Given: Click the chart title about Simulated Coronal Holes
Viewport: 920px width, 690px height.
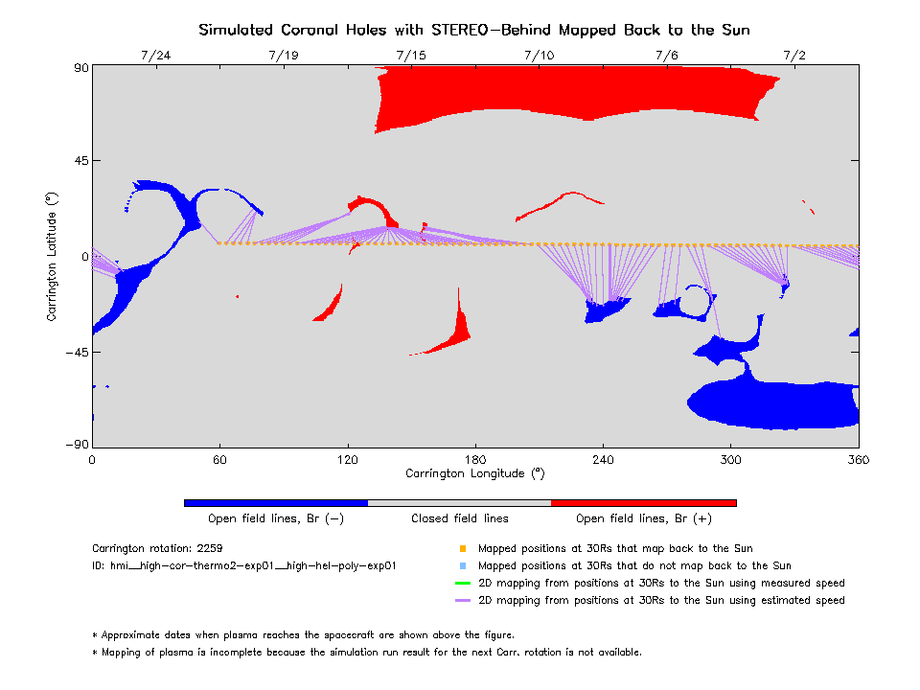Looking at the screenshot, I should click(474, 30).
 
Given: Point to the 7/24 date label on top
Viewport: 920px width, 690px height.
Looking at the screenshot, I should click(155, 56).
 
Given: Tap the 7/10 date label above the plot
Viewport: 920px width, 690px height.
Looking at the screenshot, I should click(539, 56).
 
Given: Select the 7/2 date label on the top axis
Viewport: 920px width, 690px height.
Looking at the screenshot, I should click(794, 56).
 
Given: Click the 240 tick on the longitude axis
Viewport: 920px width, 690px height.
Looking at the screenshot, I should click(603, 459).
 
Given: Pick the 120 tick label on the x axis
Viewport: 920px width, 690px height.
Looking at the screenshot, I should click(347, 459).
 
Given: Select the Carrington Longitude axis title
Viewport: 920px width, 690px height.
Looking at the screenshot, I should click(474, 473).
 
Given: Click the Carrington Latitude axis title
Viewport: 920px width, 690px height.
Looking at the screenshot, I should click(54, 256).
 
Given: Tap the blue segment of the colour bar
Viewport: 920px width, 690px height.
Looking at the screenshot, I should click(275, 502).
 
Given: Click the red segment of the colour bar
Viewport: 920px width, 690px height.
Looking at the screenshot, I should click(643, 502).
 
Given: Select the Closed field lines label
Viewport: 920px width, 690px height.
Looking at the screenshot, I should click(460, 518).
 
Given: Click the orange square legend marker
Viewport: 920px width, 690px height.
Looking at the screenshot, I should click(462, 549).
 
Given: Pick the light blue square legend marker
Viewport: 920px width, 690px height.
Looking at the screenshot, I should click(462, 566).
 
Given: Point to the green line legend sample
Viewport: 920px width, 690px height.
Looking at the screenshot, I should click(462, 583).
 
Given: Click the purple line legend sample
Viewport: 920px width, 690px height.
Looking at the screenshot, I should click(462, 600).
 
